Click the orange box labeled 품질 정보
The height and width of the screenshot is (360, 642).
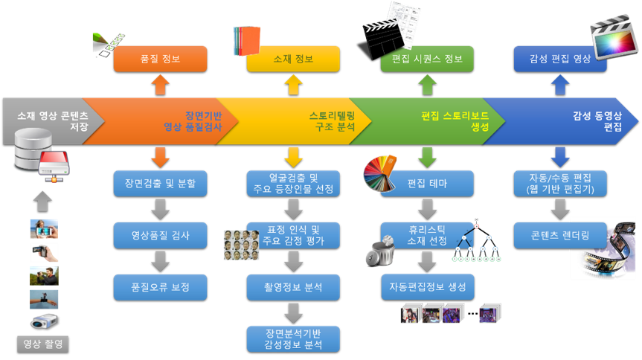(160, 59)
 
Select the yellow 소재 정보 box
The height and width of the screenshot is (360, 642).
(293, 59)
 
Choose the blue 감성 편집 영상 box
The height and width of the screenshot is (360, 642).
(559, 59)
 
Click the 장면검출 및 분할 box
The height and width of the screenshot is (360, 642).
(160, 182)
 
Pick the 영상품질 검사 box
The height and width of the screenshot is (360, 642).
(160, 235)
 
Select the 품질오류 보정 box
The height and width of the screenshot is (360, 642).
(160, 286)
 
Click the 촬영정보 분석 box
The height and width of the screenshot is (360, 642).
(293, 286)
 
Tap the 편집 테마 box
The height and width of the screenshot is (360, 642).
(427, 183)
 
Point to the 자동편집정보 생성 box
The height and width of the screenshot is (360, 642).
(427, 286)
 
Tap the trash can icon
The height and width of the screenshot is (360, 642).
(384, 249)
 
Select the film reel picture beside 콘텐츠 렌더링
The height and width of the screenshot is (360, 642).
(604, 249)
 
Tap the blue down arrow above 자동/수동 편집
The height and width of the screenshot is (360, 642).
(559, 156)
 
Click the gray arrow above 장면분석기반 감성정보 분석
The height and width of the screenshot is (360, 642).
(293, 311)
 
